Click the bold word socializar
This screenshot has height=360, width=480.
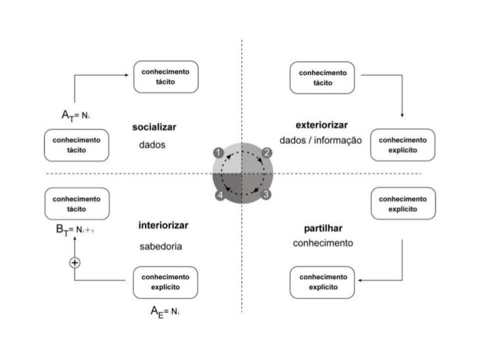pos(158,127)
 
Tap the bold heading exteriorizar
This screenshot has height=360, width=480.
pos(322,125)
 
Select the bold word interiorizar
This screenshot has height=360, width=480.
pos(164,225)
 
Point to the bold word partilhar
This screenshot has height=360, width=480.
pos(323,228)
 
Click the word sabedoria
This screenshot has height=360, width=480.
pos(160,247)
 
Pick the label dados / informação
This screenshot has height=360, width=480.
pos(321,140)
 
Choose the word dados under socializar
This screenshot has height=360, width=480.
pos(152,145)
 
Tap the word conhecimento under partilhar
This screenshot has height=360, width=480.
pos(323,243)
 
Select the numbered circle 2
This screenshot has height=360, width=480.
pos(267,153)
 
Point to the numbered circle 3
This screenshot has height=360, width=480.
pos(266,195)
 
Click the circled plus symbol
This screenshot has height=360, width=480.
pos(75,262)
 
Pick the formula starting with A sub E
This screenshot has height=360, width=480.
pos(165,311)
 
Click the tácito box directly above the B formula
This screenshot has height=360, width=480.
pos(76,204)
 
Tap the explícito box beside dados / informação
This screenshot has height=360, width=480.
pos(403,145)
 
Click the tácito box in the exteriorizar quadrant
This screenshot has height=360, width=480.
pos(322,78)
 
